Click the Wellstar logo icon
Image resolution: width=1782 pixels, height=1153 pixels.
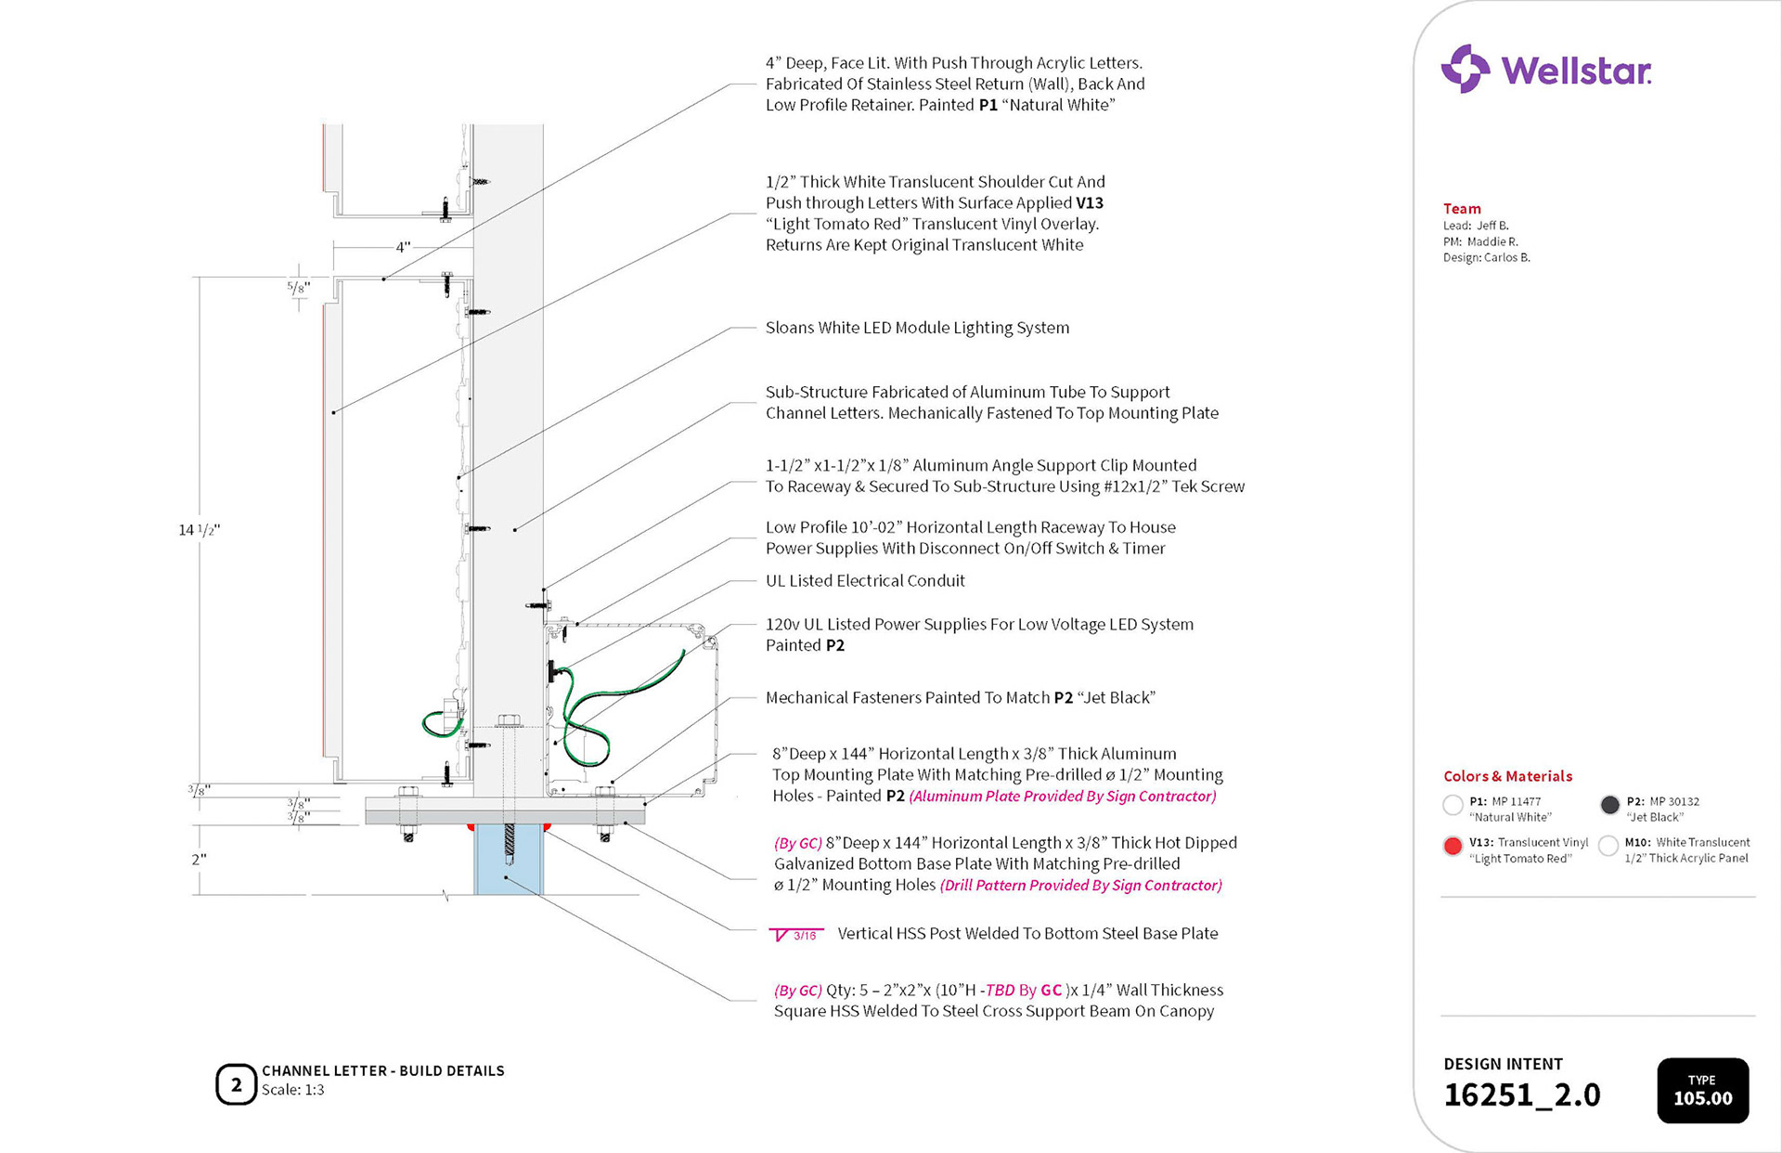(x=1465, y=69)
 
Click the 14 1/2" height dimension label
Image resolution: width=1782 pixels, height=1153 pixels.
(x=199, y=530)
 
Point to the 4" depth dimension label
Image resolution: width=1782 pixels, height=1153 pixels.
(x=403, y=248)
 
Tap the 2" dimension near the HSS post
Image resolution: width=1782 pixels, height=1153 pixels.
(x=199, y=860)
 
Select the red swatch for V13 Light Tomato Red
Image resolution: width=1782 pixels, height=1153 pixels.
(x=1453, y=846)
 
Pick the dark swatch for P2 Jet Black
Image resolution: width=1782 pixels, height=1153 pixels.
(x=1610, y=805)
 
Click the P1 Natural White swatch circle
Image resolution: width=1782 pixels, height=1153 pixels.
(x=1453, y=805)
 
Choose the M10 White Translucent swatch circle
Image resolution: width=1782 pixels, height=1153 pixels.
(x=1608, y=846)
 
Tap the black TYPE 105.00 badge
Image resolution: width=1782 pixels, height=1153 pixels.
(x=1702, y=1090)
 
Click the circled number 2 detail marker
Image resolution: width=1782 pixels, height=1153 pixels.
(x=236, y=1084)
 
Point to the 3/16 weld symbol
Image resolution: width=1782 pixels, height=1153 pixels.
(x=796, y=935)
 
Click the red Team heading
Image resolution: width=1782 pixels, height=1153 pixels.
(x=1462, y=209)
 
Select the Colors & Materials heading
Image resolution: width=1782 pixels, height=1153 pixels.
(x=1507, y=776)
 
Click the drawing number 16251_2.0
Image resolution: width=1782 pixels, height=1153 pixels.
(x=1521, y=1095)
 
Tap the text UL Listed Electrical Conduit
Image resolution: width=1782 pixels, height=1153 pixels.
(x=865, y=581)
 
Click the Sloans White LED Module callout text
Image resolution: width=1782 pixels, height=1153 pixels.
(x=917, y=328)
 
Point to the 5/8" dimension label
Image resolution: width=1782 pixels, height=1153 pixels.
(x=298, y=288)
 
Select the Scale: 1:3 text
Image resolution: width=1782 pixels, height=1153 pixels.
(x=292, y=1090)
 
